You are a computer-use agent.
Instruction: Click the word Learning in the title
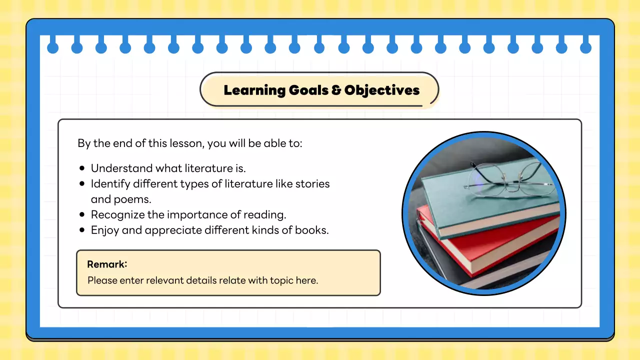(254, 90)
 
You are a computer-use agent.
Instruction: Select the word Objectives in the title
(382, 90)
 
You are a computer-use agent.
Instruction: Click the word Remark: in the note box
(107, 264)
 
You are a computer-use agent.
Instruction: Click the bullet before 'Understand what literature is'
(82, 168)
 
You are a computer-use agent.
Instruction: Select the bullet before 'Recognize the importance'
(82, 215)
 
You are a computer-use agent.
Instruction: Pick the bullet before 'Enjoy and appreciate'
(82, 230)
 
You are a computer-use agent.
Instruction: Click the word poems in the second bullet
(134, 199)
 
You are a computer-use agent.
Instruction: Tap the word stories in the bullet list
(312, 183)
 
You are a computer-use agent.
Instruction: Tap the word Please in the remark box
(102, 280)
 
